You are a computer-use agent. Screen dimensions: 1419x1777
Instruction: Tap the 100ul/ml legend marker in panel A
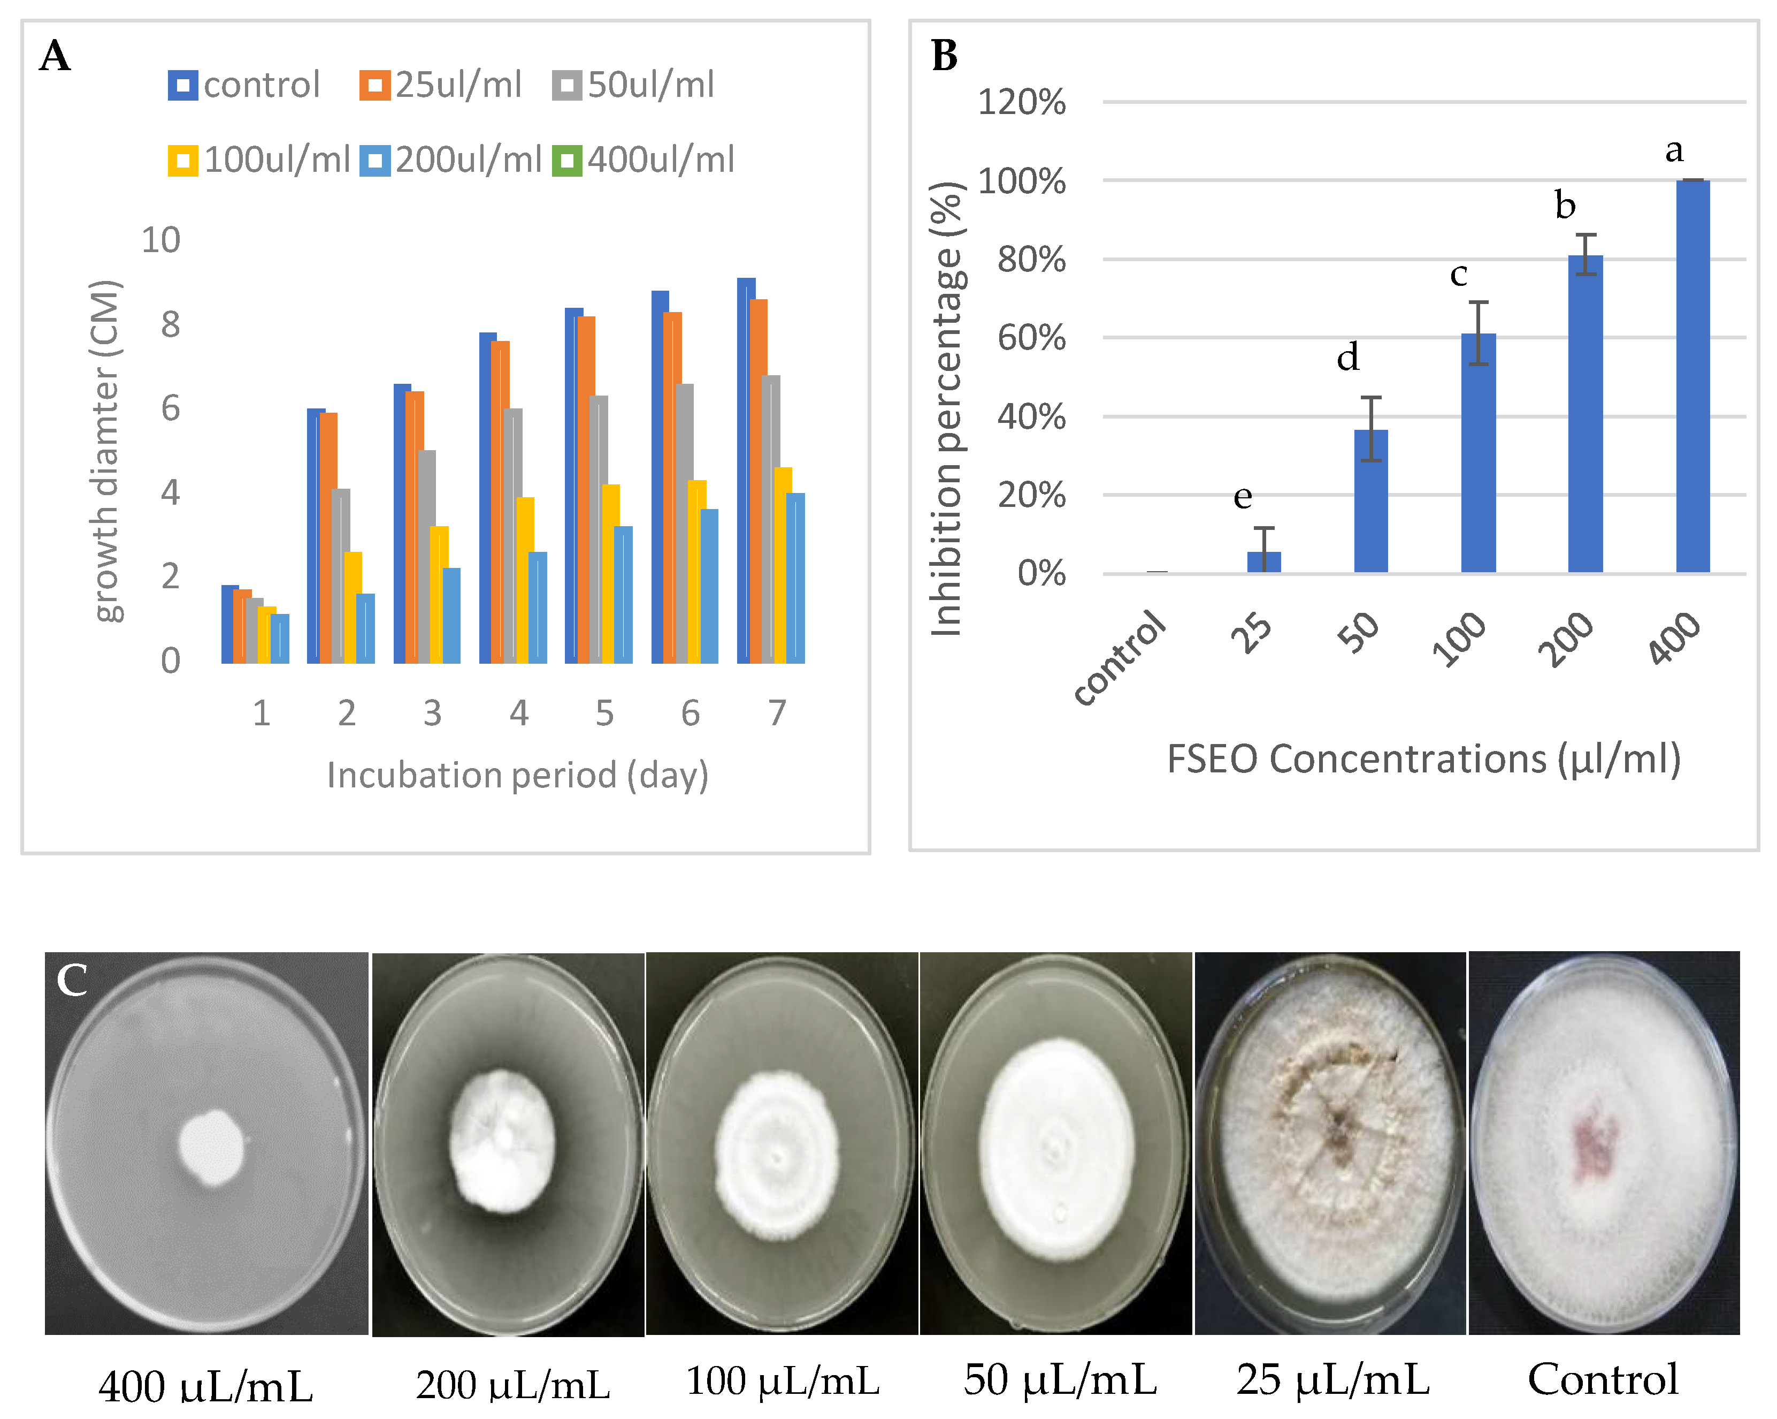[x=183, y=160]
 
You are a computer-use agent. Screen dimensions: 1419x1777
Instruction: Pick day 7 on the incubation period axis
[x=776, y=712]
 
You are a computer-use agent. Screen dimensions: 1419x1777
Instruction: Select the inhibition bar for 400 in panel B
[x=1693, y=375]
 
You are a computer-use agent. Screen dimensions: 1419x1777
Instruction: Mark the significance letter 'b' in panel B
[x=1564, y=206]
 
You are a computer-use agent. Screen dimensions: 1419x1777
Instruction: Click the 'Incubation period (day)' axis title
[x=518, y=775]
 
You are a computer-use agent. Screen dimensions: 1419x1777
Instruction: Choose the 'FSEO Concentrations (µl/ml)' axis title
[x=1423, y=758]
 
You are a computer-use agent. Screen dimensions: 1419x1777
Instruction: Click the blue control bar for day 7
[x=745, y=470]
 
